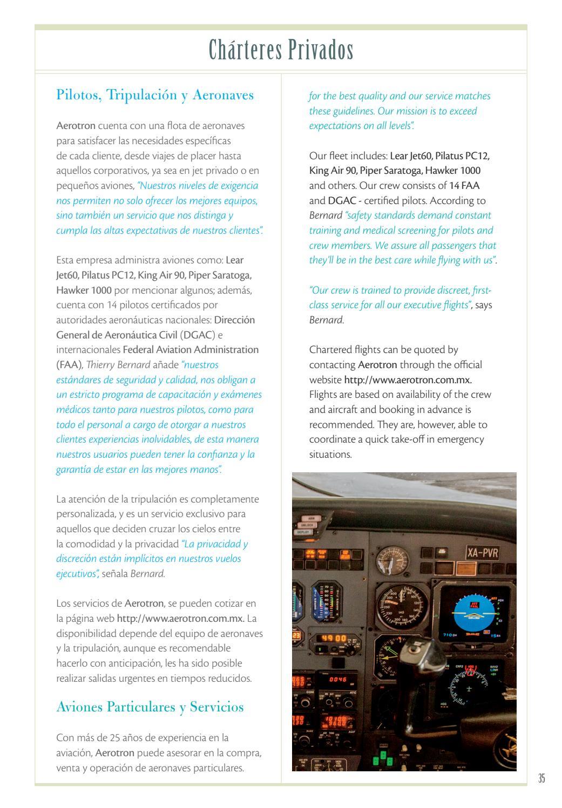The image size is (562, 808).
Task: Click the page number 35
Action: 541,778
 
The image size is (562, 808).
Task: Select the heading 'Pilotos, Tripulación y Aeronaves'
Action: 155,95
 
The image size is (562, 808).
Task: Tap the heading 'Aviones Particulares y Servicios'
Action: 150,707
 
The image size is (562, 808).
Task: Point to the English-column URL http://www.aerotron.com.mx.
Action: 411,379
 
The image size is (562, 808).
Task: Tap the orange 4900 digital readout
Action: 334,639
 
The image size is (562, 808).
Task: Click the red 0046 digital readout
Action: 337,679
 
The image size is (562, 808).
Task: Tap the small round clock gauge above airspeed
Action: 392,561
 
